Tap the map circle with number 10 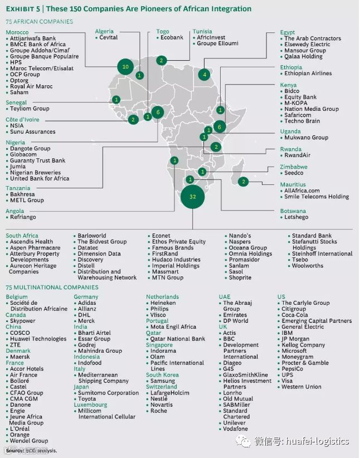tap(125, 67)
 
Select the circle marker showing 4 tap(205, 74)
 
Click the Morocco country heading tap(17, 32)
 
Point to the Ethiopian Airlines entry tap(308, 74)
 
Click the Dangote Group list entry tap(30, 149)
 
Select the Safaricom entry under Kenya tap(299, 115)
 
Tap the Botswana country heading tap(293, 211)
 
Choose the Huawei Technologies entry tap(38, 339)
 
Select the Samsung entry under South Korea tap(162, 381)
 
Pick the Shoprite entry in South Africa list tap(240, 277)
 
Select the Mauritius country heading tap(293, 184)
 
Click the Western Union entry tap(301, 387)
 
